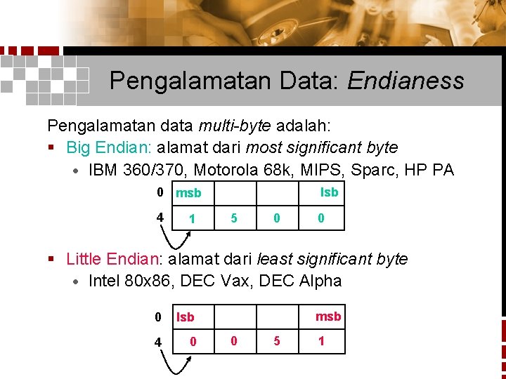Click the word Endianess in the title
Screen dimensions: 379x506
click(405, 81)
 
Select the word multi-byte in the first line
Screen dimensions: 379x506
click(235, 126)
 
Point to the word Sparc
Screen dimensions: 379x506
click(385, 170)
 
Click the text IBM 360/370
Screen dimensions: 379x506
click(136, 170)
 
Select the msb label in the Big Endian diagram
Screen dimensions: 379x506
click(188, 193)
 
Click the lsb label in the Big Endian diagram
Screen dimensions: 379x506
click(329, 192)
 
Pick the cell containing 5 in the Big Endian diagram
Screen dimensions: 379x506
click(234, 218)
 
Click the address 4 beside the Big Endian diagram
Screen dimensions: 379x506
click(161, 218)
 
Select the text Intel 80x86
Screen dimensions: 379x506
click(131, 281)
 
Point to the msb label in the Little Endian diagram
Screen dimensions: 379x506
click(328, 317)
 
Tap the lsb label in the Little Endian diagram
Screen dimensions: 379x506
click(186, 317)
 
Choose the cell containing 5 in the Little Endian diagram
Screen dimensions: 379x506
click(277, 341)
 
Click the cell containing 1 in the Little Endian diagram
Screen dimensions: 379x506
click(321, 341)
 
